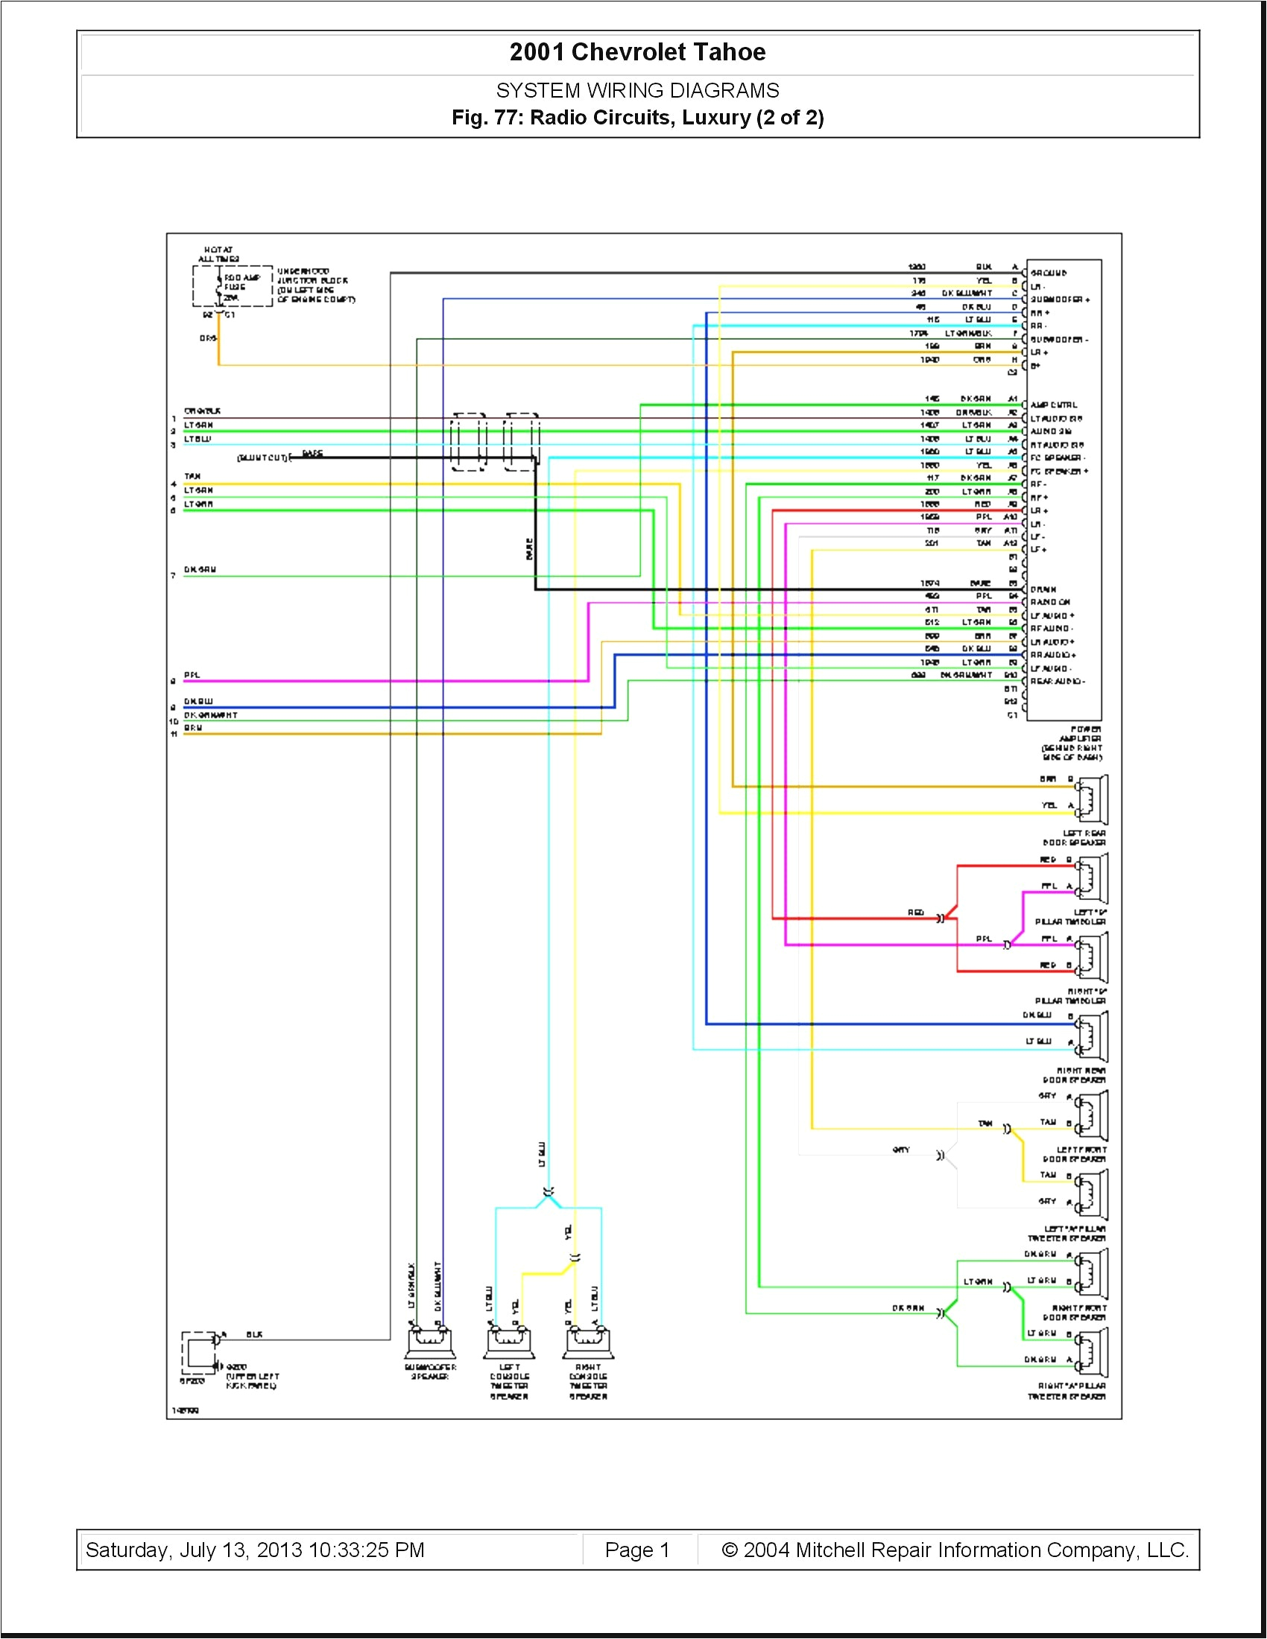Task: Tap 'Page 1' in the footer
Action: (636, 1550)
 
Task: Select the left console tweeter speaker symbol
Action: (511, 1342)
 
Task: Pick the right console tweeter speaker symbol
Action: (588, 1342)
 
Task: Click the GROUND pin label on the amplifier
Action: (1049, 273)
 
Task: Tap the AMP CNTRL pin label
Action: (1054, 405)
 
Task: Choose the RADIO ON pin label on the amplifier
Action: (1051, 603)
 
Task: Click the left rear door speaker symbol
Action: (1092, 800)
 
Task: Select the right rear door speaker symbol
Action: (1092, 1036)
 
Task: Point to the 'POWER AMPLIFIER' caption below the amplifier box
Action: (1072, 743)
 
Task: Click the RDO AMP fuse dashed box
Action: (232, 287)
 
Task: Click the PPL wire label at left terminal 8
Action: (192, 676)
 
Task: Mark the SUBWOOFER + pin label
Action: (1059, 299)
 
